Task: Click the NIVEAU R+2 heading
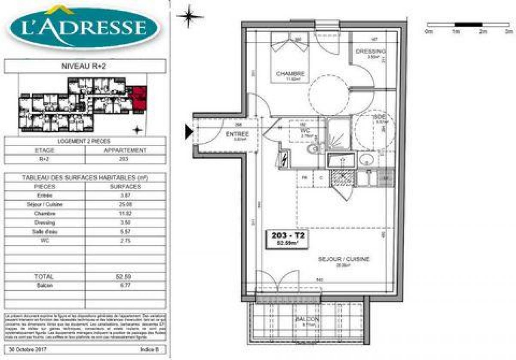(85, 66)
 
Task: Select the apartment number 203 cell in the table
(126, 159)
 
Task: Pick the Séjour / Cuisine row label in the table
(45, 204)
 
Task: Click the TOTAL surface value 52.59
(126, 277)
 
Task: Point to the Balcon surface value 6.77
(126, 285)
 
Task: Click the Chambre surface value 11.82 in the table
(126, 213)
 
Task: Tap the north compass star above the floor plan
(190, 16)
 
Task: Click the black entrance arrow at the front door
(189, 132)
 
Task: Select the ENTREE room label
(237, 134)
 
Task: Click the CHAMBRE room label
(291, 74)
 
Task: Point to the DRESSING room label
(370, 51)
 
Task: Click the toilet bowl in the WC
(314, 149)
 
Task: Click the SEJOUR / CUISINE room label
(344, 259)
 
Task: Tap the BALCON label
(307, 319)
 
